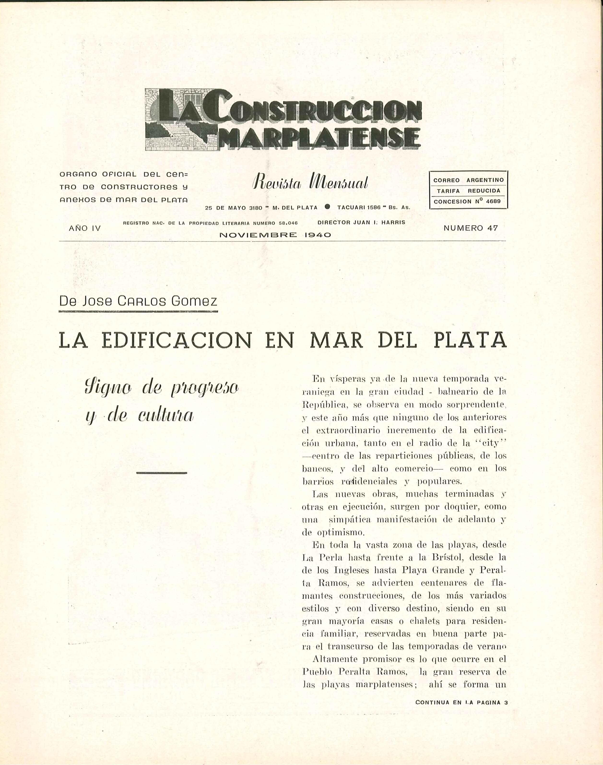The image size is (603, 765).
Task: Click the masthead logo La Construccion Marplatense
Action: coord(283,120)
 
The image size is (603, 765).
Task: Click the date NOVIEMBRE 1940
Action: coord(275,235)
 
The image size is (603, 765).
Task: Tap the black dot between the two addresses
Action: coord(327,207)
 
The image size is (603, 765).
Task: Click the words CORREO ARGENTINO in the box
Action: coord(468,180)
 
